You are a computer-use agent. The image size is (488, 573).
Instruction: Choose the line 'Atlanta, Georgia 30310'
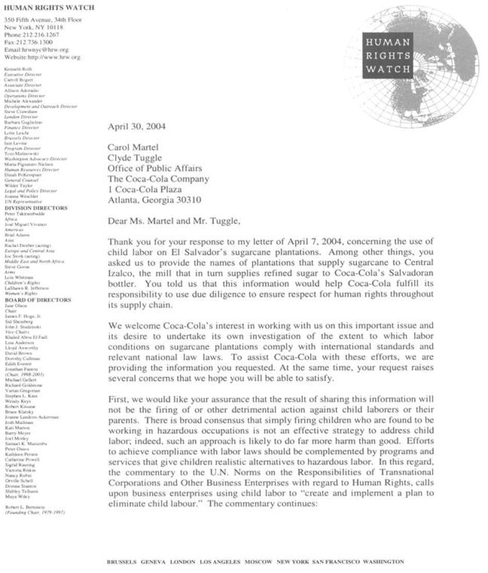(154, 201)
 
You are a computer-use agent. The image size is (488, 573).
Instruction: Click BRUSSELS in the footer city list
(121, 562)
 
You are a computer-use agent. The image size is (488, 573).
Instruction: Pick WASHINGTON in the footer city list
(383, 562)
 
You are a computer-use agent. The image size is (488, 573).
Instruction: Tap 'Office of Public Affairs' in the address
(155, 169)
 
